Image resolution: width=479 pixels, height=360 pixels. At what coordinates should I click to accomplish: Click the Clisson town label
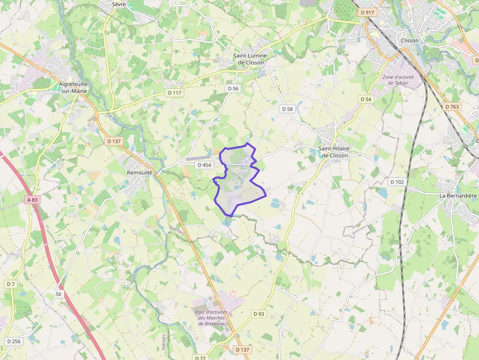click(x=409, y=41)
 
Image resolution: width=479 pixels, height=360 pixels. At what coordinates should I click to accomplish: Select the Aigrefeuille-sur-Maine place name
click(x=74, y=87)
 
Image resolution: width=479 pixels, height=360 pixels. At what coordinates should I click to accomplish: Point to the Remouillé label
click(x=140, y=172)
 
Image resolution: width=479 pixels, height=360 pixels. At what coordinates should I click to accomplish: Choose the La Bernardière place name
click(x=458, y=196)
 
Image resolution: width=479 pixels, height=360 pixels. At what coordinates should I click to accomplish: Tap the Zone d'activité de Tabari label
click(x=398, y=80)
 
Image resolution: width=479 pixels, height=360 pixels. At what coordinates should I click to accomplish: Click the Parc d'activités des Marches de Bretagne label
click(x=210, y=318)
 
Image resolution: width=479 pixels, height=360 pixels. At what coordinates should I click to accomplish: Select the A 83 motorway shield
click(x=32, y=200)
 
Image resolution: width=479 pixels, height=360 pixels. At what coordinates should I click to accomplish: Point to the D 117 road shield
click(x=174, y=93)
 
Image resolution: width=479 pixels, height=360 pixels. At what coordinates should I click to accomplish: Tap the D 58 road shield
click(x=287, y=109)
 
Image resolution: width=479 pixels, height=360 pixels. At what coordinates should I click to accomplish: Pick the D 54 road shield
click(x=366, y=99)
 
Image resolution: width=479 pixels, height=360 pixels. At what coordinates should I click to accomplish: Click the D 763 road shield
click(x=453, y=106)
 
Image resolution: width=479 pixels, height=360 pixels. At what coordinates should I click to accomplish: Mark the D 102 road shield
click(x=397, y=182)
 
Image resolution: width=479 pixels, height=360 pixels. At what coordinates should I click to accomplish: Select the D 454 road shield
click(x=204, y=165)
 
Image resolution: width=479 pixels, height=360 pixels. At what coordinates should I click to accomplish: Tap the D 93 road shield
click(x=259, y=314)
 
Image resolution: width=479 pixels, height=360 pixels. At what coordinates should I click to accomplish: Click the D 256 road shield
click(x=14, y=341)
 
